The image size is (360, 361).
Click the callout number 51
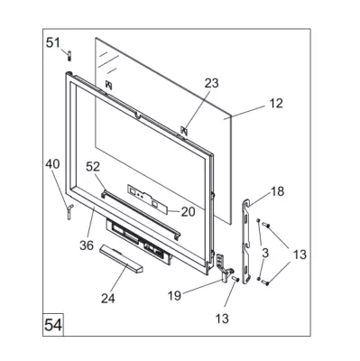(53, 42)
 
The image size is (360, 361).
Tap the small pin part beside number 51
(69, 56)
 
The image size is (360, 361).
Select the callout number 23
(211, 83)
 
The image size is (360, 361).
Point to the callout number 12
(276, 103)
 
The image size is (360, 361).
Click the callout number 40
(52, 164)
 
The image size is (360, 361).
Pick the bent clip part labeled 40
(69, 211)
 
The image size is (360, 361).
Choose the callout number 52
(93, 166)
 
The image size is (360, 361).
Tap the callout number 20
(188, 212)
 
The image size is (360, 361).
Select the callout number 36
(87, 245)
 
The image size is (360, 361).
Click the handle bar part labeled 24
(122, 258)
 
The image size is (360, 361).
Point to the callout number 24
(108, 299)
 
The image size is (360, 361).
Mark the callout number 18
(277, 191)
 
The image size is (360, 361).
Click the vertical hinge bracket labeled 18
(247, 241)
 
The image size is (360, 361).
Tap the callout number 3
(265, 254)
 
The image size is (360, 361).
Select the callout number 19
(175, 295)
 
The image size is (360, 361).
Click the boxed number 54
(53, 325)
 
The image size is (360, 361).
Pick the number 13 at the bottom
(222, 319)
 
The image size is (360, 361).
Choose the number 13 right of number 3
(300, 255)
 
